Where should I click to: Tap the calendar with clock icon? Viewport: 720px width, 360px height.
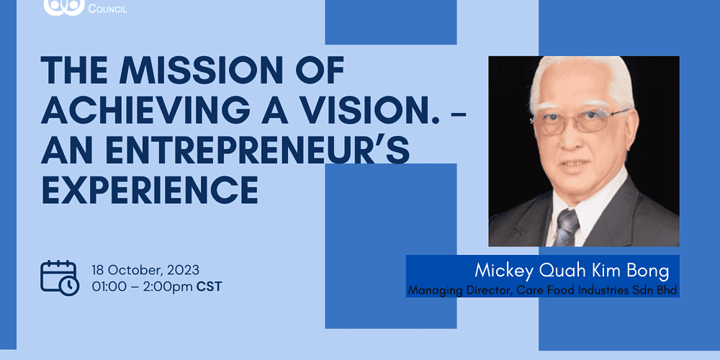(x=60, y=277)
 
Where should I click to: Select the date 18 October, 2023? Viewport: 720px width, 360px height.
(x=145, y=269)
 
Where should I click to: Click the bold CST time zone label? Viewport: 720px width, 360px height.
(x=209, y=287)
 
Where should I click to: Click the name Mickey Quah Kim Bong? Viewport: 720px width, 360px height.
(x=572, y=271)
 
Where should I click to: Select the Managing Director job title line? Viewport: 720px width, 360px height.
(x=543, y=290)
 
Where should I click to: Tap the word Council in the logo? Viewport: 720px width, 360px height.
(x=107, y=8)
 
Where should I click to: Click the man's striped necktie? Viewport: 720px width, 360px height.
(x=567, y=228)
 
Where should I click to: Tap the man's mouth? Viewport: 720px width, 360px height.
(x=576, y=164)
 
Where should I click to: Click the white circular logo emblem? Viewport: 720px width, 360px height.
(x=64, y=6)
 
